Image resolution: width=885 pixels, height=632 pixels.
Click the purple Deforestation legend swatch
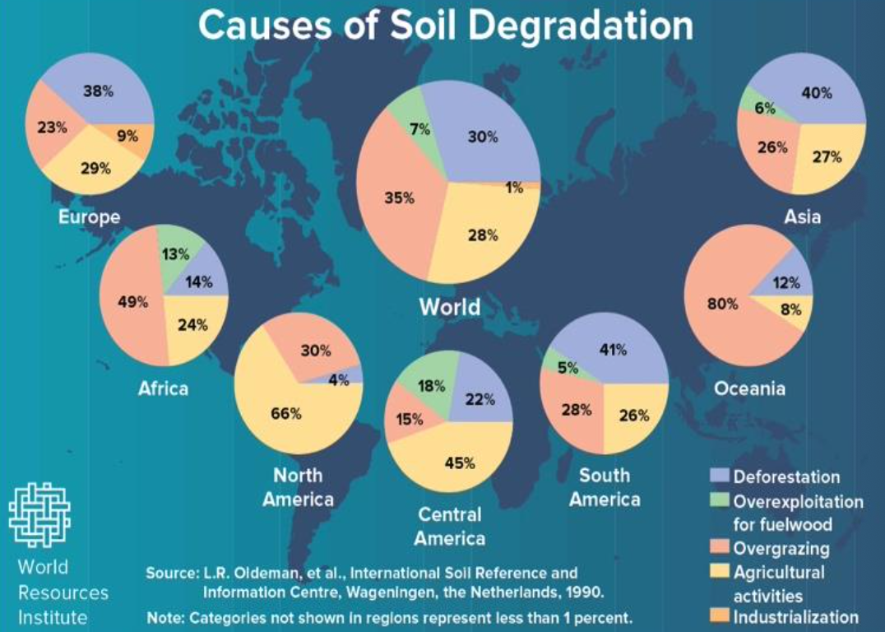coord(720,476)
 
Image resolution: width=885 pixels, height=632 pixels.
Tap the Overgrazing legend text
coord(781,547)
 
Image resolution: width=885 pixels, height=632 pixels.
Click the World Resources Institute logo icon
coord(39,514)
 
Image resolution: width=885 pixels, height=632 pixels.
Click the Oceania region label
coord(749,388)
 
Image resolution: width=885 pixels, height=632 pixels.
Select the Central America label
coord(449,527)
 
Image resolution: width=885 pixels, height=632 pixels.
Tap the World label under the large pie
coord(449,307)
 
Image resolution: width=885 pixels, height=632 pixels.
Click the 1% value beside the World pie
coord(514,187)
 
